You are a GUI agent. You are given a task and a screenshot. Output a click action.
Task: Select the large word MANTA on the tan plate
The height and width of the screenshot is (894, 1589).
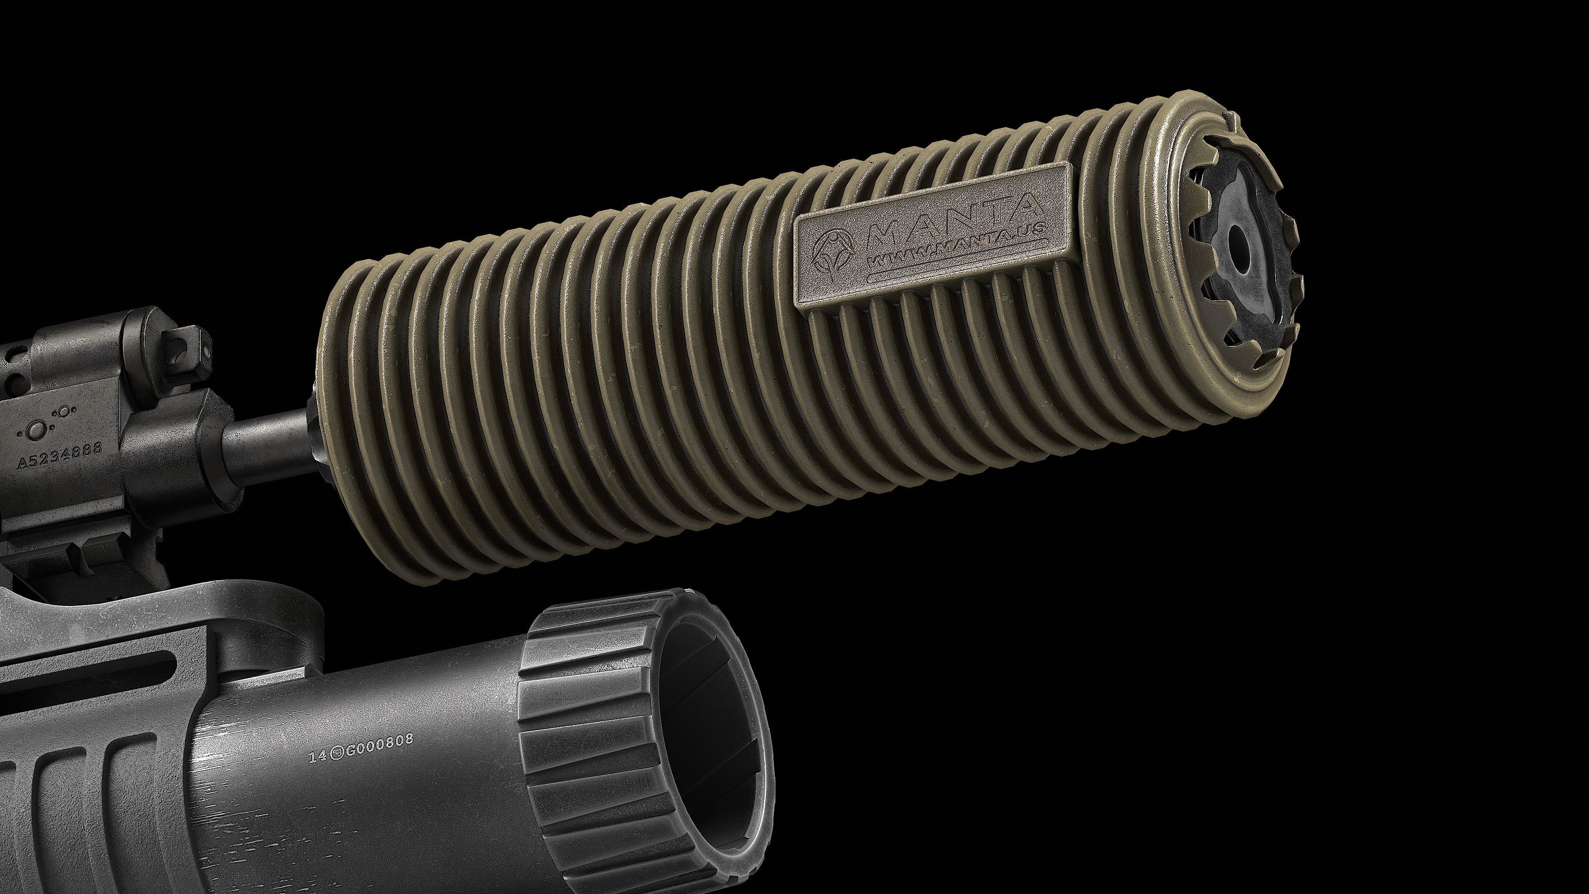[x=953, y=222]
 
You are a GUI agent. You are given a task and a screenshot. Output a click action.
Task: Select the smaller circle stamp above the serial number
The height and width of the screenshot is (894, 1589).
[x=63, y=411]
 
